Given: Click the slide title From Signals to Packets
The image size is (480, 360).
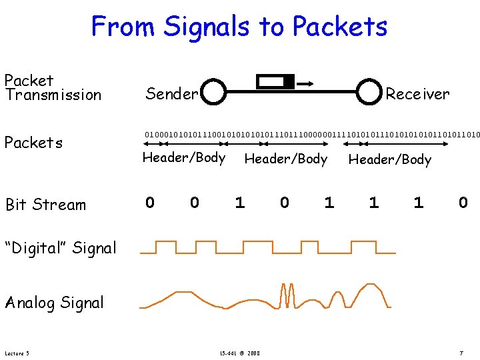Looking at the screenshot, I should (239, 27).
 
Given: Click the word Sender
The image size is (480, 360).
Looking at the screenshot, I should (171, 94).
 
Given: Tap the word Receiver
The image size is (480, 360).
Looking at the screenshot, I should (417, 94).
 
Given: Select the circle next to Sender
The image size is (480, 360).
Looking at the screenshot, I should (213, 92).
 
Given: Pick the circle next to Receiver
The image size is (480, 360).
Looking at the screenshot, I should (370, 92).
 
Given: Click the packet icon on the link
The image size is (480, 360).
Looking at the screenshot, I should (275, 83).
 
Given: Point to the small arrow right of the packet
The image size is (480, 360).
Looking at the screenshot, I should (307, 83).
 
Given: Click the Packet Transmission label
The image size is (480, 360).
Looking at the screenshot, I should (52, 87).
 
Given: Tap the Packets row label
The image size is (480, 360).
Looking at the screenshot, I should (33, 143).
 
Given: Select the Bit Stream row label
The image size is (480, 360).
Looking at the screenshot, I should (45, 205).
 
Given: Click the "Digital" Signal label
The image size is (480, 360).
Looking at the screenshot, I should (61, 248).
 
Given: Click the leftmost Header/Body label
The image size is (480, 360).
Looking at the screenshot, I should (183, 158).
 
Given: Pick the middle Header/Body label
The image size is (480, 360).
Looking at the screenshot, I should (286, 159).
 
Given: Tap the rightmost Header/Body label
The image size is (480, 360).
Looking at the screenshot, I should (390, 159).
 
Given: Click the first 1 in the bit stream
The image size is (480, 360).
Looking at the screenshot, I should (239, 203).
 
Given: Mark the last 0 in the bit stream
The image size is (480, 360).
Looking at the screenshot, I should (463, 203).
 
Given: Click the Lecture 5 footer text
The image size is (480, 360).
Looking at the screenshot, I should (16, 353).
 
